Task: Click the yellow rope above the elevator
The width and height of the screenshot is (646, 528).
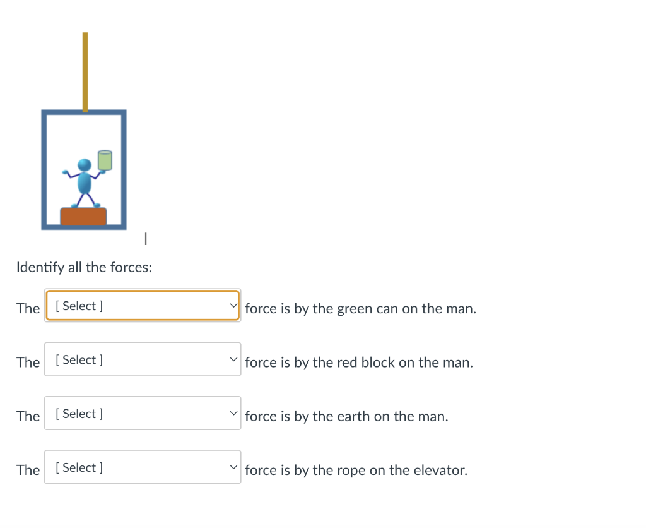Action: point(85,71)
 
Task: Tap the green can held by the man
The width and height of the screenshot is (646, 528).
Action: point(105,160)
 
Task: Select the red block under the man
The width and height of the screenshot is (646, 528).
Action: point(83,217)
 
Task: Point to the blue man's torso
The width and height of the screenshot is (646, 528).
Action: point(84,183)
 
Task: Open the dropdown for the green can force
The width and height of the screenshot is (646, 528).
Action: point(143,306)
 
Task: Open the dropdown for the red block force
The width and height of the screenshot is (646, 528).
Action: point(143,359)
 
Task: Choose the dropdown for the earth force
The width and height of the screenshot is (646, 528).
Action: point(143,414)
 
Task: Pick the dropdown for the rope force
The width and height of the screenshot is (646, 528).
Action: point(143,467)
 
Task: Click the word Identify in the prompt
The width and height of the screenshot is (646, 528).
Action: point(40,268)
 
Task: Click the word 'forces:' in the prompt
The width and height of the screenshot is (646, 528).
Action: point(131,268)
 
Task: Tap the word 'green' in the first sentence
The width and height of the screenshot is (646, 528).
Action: point(354,309)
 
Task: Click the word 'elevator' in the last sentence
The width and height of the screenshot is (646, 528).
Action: point(442,471)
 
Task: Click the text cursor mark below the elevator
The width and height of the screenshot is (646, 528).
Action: point(146,239)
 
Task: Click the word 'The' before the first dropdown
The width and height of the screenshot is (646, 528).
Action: point(28,309)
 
